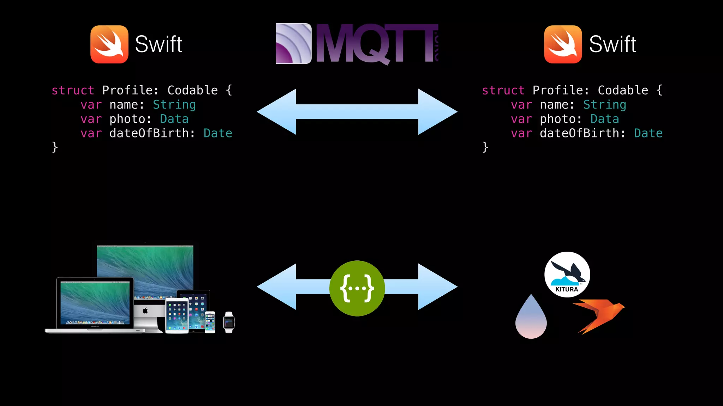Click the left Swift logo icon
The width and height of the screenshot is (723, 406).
pos(109,44)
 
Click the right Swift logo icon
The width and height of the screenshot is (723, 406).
pos(563,44)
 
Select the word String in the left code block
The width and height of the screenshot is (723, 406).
pos(174,105)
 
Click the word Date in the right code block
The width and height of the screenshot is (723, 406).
pos(648,133)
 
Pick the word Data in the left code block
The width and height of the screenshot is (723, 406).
pos(174,119)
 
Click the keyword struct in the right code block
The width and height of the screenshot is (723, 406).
pos(503,91)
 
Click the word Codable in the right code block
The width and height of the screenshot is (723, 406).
pos(623,91)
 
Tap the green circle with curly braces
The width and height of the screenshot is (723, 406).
pos(357,288)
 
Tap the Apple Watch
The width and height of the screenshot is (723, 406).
pos(229,322)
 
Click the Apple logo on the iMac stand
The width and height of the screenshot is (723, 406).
pos(145,310)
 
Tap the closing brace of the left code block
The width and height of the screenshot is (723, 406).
pos(55,147)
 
